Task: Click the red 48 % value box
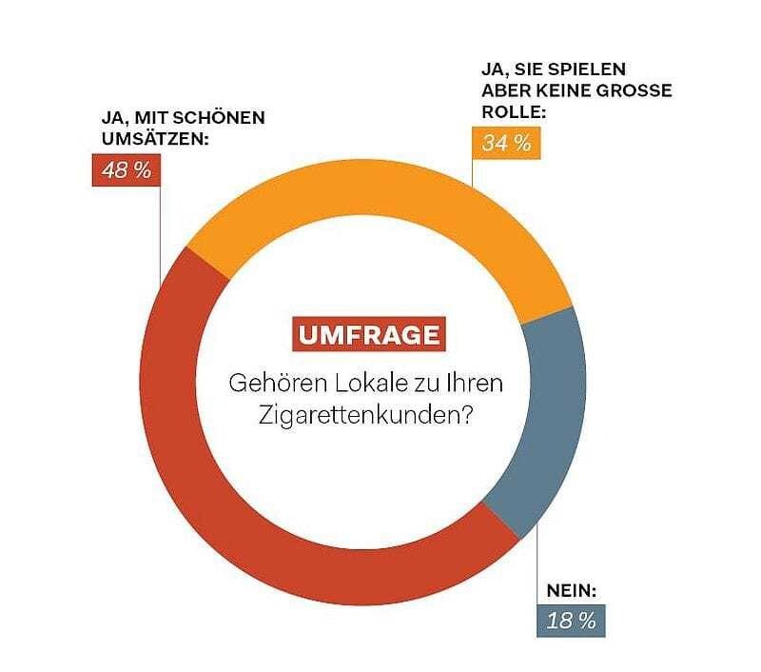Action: coord(122,171)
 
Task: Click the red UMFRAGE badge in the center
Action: coord(368,335)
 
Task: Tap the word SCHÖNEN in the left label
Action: coord(218,119)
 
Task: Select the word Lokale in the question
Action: coord(364,385)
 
